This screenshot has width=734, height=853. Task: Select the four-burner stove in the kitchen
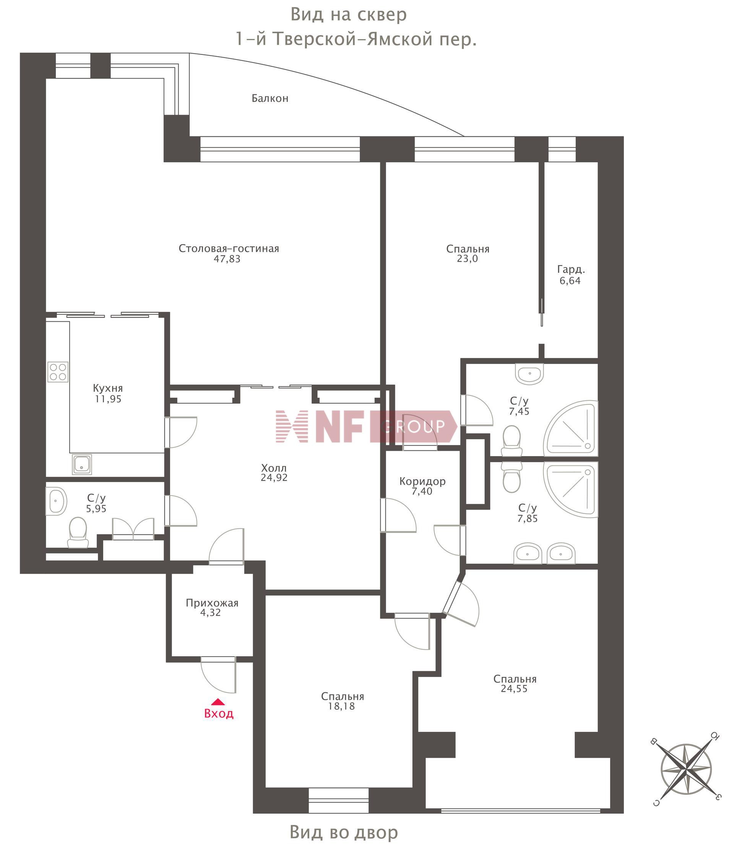coord(58,372)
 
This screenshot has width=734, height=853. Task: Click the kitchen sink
coord(82,465)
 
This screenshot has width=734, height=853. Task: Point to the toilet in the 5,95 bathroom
coord(78,532)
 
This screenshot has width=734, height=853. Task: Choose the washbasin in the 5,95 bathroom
coord(55,501)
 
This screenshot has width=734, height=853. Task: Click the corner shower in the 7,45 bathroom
coord(571,428)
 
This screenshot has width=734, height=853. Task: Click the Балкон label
coord(270,99)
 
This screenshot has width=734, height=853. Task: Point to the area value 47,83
coord(227,259)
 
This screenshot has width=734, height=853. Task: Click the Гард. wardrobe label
coord(571,270)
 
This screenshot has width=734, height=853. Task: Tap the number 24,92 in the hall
coord(274,477)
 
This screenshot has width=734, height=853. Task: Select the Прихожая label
coord(212,603)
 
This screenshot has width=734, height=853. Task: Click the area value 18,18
coord(341,706)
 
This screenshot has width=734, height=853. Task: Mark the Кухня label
coord(108,388)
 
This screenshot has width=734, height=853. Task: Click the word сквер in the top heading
coord(382,15)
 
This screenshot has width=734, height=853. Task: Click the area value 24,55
coord(514,689)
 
